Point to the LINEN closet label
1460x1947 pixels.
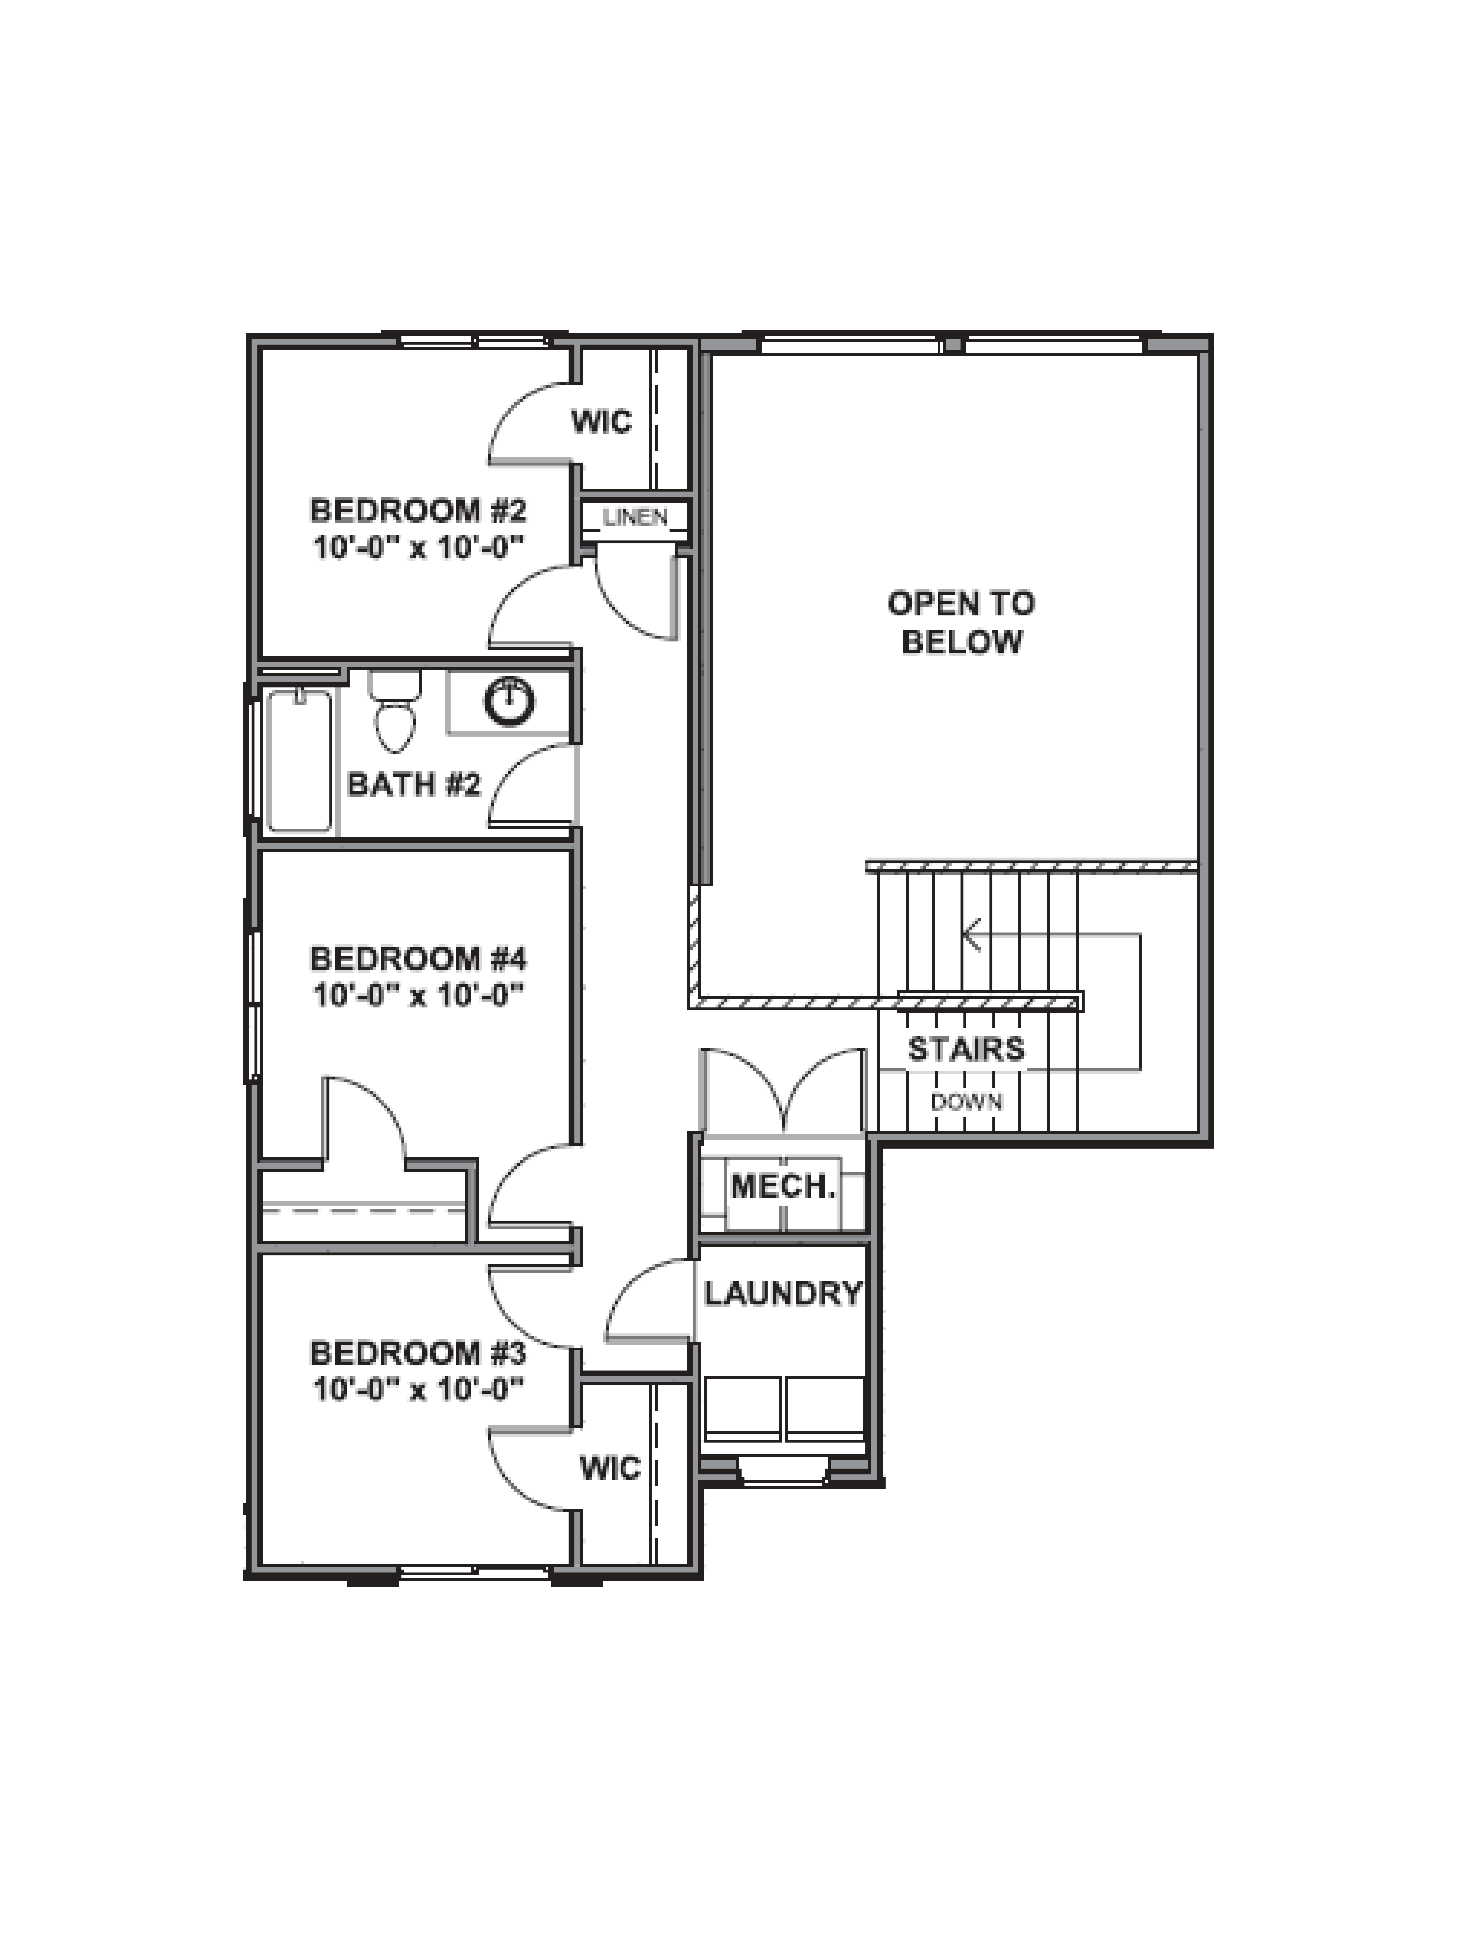click(x=635, y=518)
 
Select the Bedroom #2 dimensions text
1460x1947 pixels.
click(x=418, y=548)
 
